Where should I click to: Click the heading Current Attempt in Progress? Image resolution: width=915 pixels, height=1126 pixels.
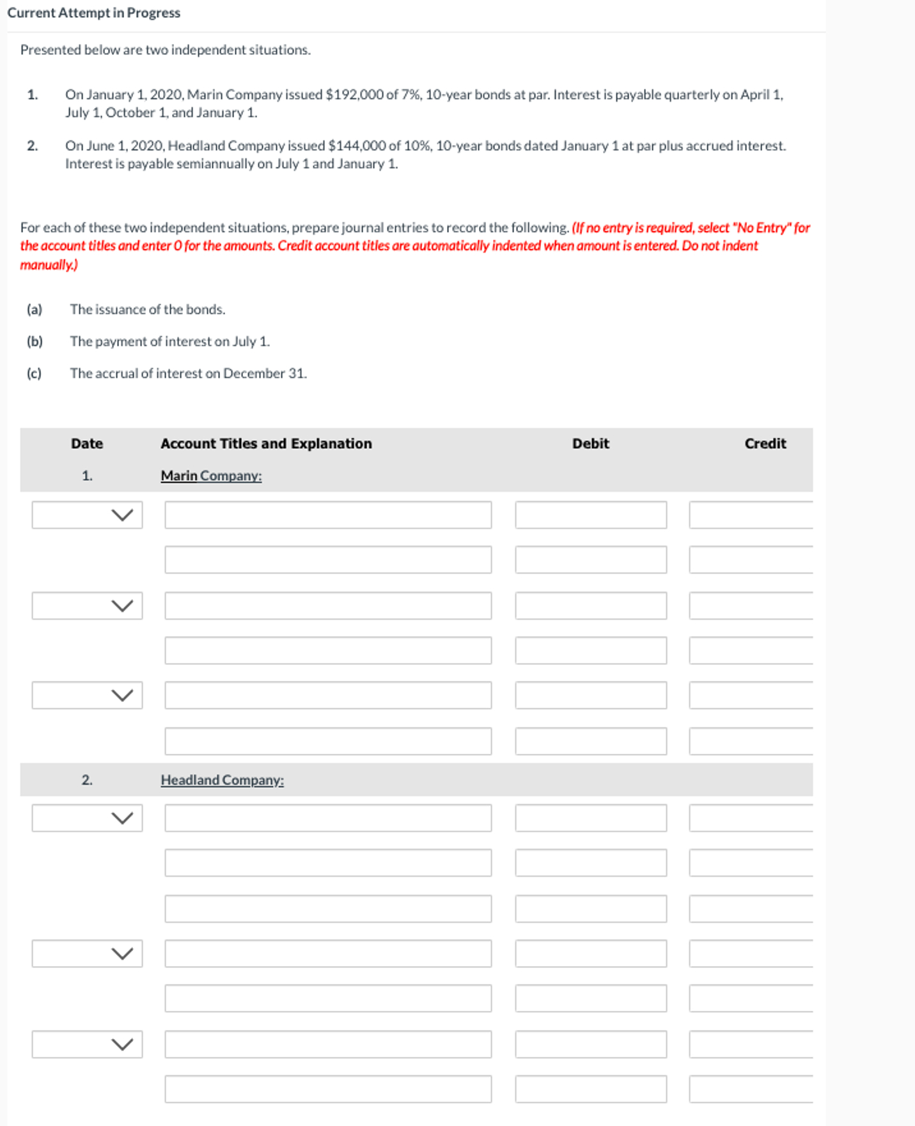[x=94, y=13]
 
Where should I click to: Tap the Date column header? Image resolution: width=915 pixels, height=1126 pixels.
[x=87, y=444]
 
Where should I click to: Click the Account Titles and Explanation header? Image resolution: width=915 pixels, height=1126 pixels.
[x=266, y=444]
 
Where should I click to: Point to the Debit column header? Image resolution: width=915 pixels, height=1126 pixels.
[x=590, y=444]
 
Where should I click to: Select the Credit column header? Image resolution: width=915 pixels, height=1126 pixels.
[x=765, y=444]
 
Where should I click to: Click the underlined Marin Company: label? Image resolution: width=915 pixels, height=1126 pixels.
[x=211, y=476]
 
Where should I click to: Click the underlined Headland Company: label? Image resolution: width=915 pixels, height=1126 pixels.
[x=222, y=780]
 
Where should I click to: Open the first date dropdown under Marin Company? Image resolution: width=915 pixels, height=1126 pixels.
[x=88, y=515]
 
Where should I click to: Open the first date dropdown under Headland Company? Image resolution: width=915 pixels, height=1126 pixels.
[x=88, y=818]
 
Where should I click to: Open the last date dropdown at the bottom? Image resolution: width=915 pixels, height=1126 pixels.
[x=88, y=1044]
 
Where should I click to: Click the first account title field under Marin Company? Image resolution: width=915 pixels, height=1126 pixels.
[x=328, y=515]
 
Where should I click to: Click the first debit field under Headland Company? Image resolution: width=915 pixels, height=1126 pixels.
[x=591, y=818]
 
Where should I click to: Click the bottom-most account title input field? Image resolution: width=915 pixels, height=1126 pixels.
[x=328, y=1089]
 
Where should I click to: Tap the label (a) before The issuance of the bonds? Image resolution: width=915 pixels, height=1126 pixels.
[x=35, y=309]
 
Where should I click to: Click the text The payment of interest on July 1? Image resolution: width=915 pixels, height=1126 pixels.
[x=170, y=341]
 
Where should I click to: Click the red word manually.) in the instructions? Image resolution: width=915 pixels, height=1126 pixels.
[x=49, y=265]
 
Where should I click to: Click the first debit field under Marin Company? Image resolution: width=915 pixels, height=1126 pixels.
[x=591, y=515]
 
